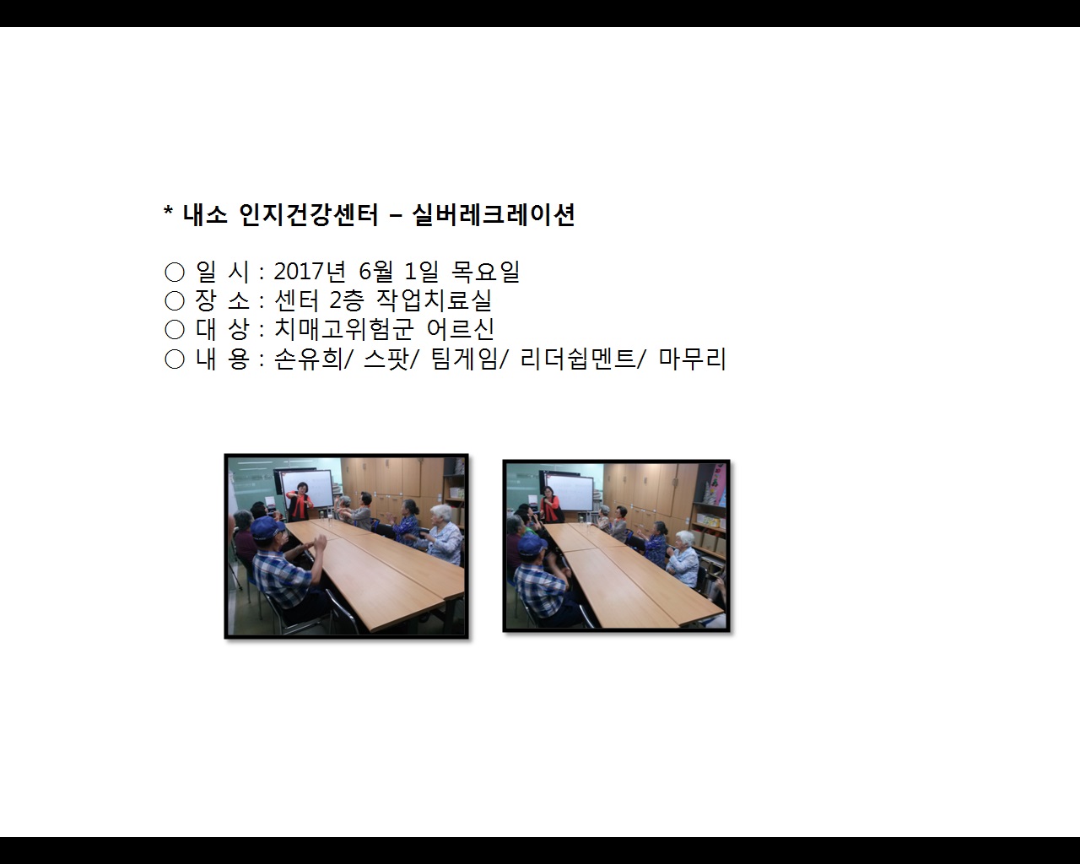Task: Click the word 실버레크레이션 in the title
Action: point(494,215)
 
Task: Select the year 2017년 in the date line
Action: point(310,272)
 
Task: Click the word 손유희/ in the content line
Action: point(309,359)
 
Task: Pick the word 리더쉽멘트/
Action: point(583,359)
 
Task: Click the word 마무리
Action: point(693,359)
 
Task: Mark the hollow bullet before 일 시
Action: point(175,272)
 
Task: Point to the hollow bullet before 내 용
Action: point(175,359)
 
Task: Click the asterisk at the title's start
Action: point(168,213)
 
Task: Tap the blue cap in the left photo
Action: point(267,529)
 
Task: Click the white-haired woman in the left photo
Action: point(443,532)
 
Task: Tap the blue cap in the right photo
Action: point(532,544)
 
